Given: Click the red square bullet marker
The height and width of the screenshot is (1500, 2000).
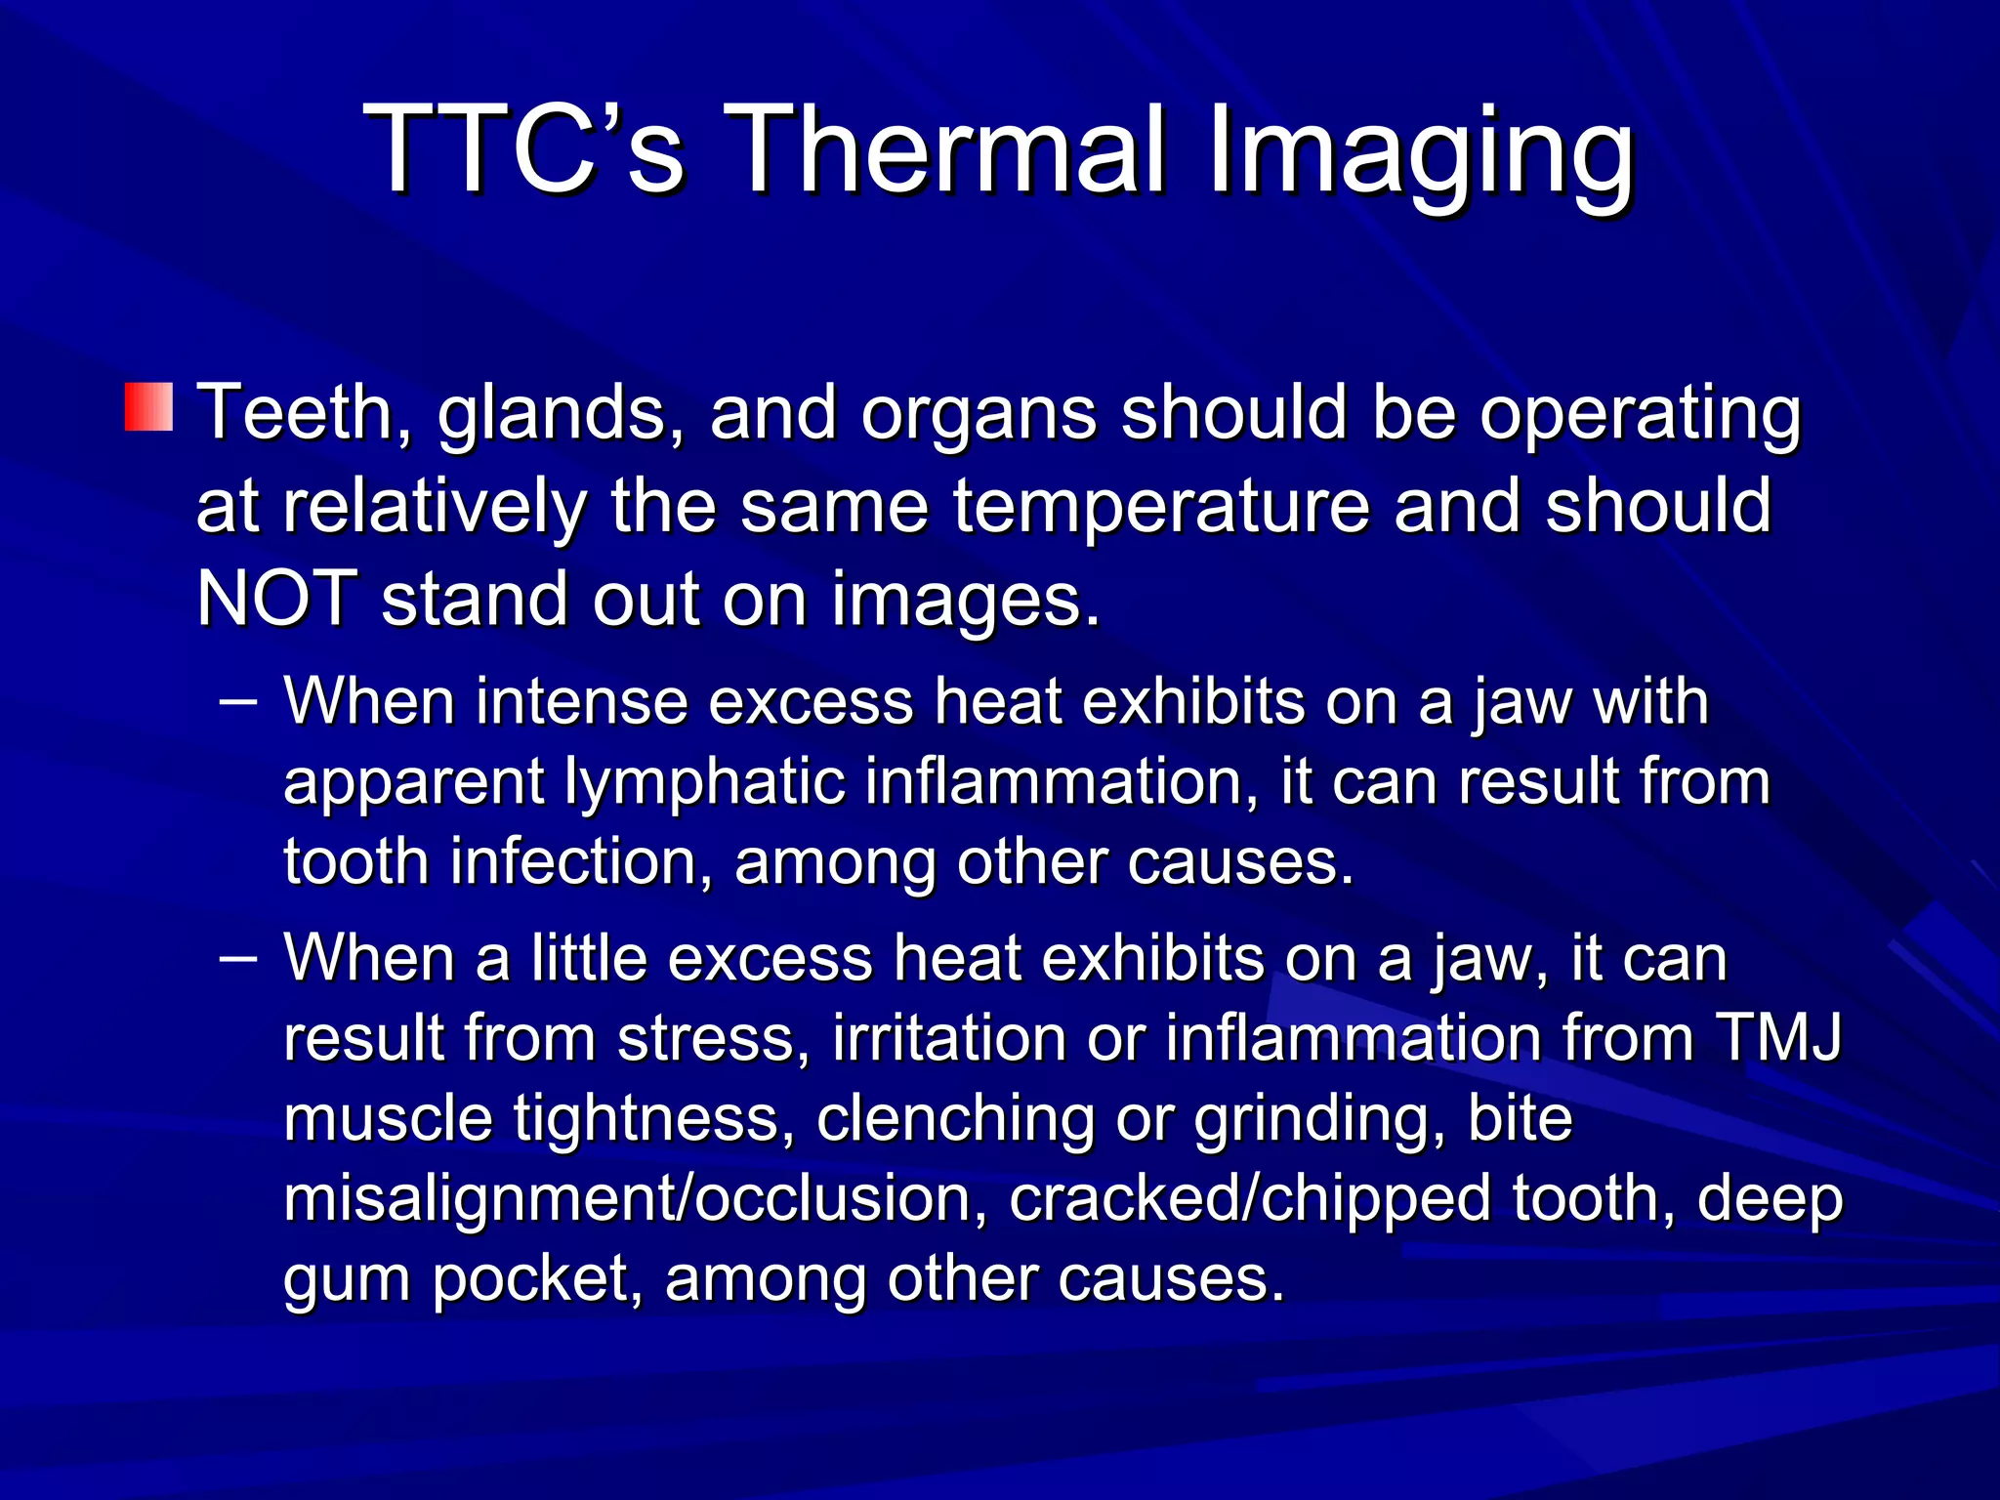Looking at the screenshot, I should click(148, 407).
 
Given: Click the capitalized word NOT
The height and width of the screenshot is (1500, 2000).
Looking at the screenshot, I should click(276, 599).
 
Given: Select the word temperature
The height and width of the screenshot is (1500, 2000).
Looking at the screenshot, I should click(1161, 508).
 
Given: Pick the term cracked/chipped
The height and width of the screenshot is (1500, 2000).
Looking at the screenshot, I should click(1250, 1200).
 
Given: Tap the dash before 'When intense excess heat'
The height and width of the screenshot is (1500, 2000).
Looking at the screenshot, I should click(238, 701).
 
